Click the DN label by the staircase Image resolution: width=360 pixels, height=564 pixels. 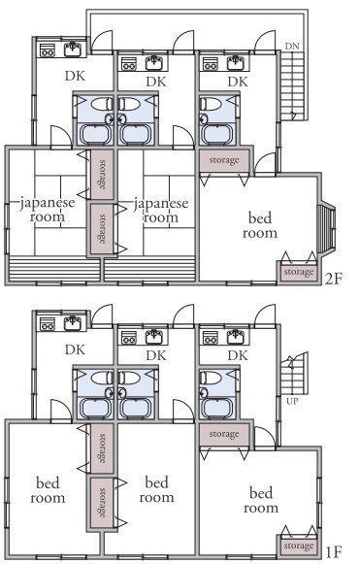click(x=292, y=46)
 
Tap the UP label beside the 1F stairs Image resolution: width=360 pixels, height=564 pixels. click(x=292, y=401)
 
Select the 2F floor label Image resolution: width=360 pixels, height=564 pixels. click(x=334, y=279)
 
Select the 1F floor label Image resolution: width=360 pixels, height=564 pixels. click(x=334, y=551)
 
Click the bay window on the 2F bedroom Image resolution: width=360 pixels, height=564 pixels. click(x=327, y=229)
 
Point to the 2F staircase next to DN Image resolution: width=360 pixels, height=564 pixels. click(x=292, y=85)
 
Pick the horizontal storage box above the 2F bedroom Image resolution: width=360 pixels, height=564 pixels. click(x=224, y=160)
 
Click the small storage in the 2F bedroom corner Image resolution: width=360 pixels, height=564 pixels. click(x=299, y=272)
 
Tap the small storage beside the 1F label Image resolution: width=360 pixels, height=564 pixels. click(x=299, y=546)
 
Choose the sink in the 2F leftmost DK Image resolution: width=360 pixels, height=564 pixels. click(x=75, y=50)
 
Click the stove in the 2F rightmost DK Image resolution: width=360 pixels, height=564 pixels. click(x=210, y=63)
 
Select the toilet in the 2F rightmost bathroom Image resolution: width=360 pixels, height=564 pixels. click(x=210, y=104)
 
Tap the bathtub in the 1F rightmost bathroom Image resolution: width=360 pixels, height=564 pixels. click(x=218, y=408)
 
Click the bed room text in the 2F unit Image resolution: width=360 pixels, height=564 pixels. click(x=260, y=225)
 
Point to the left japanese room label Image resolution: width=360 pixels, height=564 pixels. click(x=48, y=210)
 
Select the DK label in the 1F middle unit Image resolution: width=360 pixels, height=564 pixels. click(x=156, y=355)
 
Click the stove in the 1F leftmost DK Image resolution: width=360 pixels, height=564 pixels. click(x=47, y=322)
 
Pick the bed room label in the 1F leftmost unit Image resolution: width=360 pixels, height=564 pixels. click(x=48, y=490)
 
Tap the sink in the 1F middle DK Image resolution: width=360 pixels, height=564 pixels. click(x=155, y=337)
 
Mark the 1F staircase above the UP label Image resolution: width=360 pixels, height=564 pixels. click(x=294, y=374)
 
